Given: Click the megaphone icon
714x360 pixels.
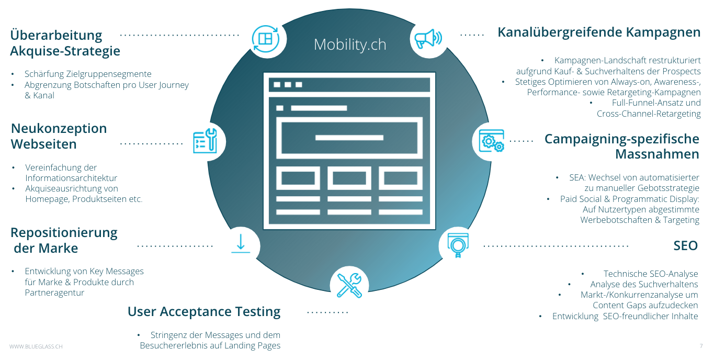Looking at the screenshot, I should (x=428, y=39).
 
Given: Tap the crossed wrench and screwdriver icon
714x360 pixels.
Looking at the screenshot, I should (x=349, y=285).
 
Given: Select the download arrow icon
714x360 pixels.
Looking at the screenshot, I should (x=241, y=244).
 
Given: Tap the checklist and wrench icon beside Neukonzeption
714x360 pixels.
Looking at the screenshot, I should (x=205, y=141).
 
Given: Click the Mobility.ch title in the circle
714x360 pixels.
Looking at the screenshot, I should (x=350, y=44).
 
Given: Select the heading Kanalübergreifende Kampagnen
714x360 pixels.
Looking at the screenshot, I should (x=599, y=32).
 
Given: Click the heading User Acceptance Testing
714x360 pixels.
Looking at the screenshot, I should (x=204, y=312).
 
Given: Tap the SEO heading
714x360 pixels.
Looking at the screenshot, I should (x=685, y=246).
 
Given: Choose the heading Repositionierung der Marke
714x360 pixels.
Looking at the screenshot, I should (x=64, y=240).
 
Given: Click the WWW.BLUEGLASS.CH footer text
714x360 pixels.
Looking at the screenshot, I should (x=36, y=346).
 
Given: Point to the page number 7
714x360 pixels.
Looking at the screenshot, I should (x=701, y=346).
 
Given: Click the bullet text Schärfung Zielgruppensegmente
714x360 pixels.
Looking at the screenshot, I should (x=88, y=74).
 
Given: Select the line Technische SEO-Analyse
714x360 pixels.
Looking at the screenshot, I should (x=651, y=274).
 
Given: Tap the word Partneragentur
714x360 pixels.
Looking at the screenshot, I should (x=54, y=292).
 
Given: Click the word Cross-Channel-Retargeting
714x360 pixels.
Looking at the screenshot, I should (x=649, y=114).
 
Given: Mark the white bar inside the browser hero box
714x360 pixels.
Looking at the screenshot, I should (x=349, y=138).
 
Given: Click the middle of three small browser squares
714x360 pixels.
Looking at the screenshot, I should (x=288, y=85).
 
